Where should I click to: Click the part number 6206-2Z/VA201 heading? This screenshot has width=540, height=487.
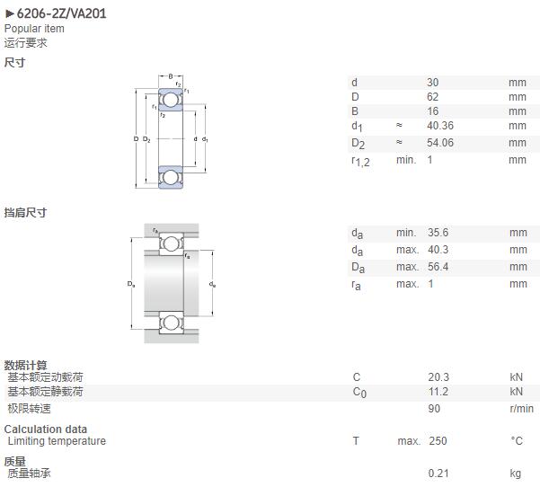(x=61, y=13)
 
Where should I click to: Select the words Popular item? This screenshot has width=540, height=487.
(x=34, y=29)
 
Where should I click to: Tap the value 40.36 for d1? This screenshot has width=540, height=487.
(x=440, y=126)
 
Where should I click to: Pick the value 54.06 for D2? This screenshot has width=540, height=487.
(x=440, y=143)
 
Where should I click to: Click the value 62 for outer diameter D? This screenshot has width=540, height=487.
(x=432, y=97)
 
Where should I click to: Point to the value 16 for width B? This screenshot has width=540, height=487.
(x=432, y=111)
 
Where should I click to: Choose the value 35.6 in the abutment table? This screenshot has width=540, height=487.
(x=438, y=233)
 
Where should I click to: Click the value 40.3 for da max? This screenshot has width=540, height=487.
(x=438, y=250)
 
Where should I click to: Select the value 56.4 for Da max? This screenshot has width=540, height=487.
(x=438, y=267)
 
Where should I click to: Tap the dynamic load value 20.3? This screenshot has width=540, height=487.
(x=438, y=377)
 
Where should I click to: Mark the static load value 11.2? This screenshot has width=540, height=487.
(x=438, y=392)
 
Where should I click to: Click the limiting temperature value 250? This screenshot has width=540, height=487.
(x=438, y=441)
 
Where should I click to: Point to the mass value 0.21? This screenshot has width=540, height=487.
(x=438, y=474)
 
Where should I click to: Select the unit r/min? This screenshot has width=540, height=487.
(x=522, y=409)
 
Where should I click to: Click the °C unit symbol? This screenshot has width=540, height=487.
(x=517, y=441)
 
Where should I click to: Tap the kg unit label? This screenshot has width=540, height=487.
(x=516, y=474)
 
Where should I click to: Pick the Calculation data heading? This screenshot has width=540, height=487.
(x=46, y=429)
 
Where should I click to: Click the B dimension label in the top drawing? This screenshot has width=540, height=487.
(x=171, y=76)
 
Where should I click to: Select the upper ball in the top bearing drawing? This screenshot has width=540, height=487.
(x=171, y=100)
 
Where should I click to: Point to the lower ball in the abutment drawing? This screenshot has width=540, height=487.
(x=171, y=323)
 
